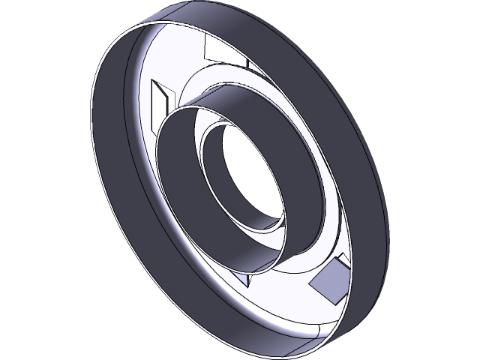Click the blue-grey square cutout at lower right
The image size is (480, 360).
pos(328,283)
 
